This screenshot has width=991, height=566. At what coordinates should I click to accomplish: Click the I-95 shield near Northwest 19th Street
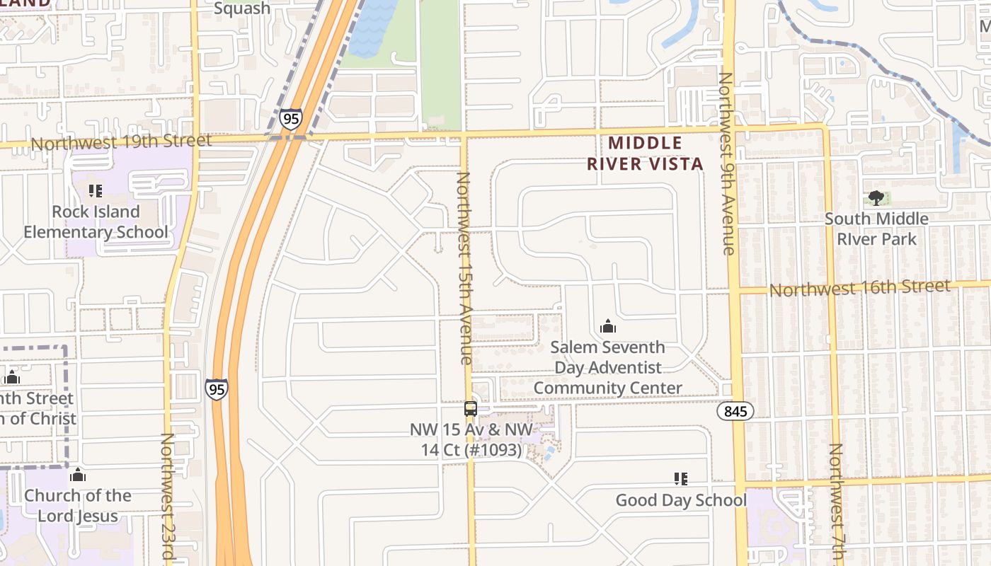(x=291, y=119)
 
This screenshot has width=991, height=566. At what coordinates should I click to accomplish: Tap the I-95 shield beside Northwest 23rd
(x=217, y=389)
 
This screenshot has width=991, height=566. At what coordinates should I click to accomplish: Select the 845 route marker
(x=735, y=411)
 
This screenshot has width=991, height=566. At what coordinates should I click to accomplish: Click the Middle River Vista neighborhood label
(x=645, y=154)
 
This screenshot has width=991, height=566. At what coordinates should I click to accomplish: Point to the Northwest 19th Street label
(x=121, y=142)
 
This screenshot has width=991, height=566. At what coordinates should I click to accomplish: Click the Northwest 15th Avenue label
(x=464, y=269)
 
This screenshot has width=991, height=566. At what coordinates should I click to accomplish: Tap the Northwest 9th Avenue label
(x=727, y=163)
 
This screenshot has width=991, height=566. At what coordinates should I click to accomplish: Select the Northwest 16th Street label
(x=859, y=288)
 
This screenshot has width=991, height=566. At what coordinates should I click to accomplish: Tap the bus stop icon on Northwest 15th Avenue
(x=470, y=408)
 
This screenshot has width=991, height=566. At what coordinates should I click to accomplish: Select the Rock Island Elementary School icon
(x=95, y=191)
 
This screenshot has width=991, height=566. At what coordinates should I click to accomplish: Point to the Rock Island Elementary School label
(x=96, y=221)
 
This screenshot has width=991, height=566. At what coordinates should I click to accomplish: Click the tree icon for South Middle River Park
(x=876, y=198)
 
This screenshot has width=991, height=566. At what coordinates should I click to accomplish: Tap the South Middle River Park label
(x=876, y=229)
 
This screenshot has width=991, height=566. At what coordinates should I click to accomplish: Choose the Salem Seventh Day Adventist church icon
(x=607, y=327)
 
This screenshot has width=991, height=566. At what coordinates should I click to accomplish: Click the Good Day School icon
(x=681, y=479)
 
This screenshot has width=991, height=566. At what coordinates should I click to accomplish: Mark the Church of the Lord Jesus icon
(x=78, y=475)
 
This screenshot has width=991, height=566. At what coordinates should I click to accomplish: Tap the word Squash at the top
(x=241, y=8)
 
